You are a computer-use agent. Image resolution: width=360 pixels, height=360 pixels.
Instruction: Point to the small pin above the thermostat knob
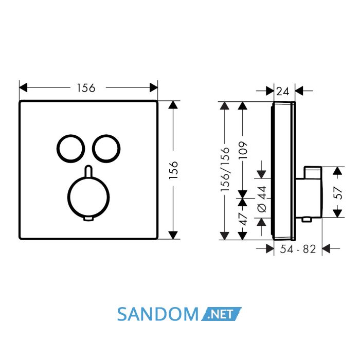(x=88, y=171)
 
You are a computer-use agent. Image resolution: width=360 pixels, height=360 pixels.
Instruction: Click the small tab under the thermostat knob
(x=88, y=219)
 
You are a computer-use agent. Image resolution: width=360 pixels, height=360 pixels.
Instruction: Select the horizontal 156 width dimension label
(x=86, y=88)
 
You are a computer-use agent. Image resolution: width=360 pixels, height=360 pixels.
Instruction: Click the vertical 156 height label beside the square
(x=174, y=170)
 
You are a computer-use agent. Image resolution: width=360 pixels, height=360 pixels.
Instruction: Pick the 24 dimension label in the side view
(x=283, y=92)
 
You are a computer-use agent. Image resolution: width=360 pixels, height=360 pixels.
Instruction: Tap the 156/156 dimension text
(x=225, y=169)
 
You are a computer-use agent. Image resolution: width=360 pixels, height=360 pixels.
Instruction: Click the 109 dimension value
(x=243, y=150)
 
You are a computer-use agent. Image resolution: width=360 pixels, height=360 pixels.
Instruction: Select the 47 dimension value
(x=243, y=219)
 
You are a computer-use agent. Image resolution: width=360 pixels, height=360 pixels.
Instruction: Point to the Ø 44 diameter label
(x=262, y=199)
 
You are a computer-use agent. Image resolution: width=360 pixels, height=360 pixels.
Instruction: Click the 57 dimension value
(x=338, y=193)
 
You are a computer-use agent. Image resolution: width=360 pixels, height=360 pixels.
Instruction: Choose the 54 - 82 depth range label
(x=298, y=249)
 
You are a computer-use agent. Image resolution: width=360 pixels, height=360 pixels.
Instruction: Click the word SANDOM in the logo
(x=158, y=314)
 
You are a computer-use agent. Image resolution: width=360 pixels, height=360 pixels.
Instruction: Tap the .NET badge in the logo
(x=221, y=314)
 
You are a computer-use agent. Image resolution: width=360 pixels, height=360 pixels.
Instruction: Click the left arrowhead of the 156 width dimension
(x=23, y=87)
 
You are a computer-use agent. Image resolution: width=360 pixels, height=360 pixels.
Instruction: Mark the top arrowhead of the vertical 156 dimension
(x=173, y=105)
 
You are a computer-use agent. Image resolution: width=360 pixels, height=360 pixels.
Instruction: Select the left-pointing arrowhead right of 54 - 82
(x=326, y=248)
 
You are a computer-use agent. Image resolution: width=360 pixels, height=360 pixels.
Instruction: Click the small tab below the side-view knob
(x=307, y=220)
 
